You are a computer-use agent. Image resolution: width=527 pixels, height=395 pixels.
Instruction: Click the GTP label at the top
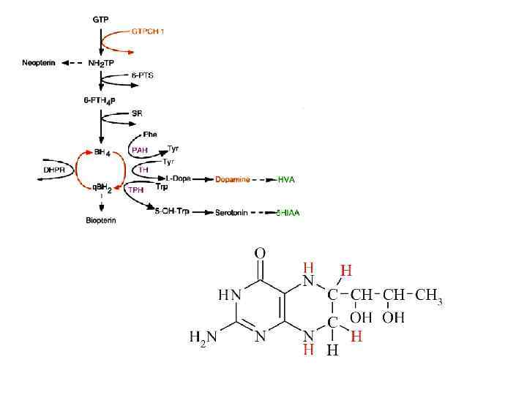coord(100,19)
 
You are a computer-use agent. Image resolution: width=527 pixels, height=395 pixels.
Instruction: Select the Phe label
coord(150,135)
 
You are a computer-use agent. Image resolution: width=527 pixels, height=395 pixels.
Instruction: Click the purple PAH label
coord(139,149)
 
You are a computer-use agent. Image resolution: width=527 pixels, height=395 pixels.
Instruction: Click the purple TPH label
coord(135,189)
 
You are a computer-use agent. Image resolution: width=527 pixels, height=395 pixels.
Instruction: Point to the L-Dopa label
coord(177,178)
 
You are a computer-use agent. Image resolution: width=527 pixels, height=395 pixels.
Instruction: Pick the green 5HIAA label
coord(288,213)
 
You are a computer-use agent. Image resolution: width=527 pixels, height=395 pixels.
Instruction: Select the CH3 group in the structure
coord(429,296)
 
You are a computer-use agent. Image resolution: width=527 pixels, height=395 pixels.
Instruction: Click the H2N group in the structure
coord(203,337)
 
